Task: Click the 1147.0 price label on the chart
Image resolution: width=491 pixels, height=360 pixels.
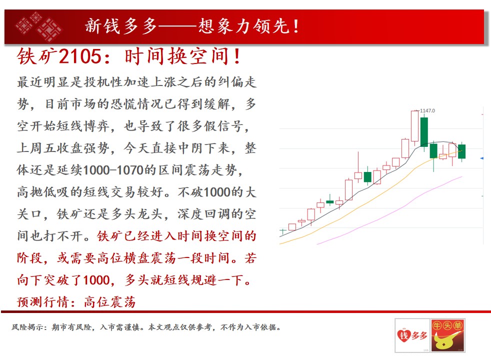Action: pos(427,110)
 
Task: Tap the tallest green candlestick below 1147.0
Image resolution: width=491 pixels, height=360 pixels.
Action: pos(424,132)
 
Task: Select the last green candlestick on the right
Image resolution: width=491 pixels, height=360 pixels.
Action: pos(461,151)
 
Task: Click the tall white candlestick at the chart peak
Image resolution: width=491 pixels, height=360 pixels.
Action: pos(414,126)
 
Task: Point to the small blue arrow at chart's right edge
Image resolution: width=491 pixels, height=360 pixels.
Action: pos(481,158)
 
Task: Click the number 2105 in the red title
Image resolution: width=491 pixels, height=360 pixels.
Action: pos(80,56)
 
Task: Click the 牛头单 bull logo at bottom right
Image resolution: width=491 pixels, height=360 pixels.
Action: pos(448,335)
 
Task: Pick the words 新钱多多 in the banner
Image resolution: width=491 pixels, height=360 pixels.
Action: pos(121,26)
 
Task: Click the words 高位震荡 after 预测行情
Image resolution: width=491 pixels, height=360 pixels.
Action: pos(109,302)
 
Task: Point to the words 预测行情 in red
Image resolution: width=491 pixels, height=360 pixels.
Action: pos(43,302)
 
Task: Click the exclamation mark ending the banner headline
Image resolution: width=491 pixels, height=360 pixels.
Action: pos(296,26)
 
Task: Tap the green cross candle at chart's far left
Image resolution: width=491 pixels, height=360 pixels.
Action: pos(283,231)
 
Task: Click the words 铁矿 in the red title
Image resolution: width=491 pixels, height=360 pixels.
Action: pos(37,56)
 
